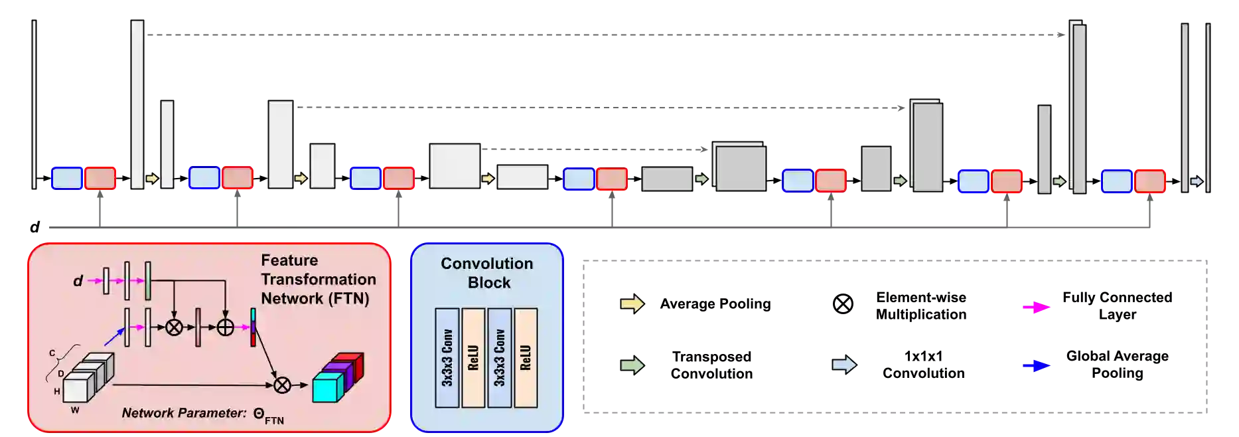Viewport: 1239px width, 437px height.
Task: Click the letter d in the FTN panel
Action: (78, 281)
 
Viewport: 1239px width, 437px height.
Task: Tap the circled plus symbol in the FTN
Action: (226, 327)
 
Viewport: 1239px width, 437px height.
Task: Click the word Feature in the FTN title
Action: (289, 260)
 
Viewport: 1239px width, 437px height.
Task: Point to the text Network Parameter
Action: (184, 413)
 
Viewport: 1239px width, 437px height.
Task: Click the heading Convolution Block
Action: (487, 273)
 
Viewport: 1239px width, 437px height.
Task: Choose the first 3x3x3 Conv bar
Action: (447, 357)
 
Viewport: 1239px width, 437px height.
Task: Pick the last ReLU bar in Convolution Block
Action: (526, 357)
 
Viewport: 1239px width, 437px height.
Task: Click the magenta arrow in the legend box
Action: (1035, 307)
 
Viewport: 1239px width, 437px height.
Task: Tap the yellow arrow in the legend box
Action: (632, 304)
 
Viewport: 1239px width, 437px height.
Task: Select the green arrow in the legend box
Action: (632, 365)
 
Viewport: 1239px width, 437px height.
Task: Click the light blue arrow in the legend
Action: (844, 365)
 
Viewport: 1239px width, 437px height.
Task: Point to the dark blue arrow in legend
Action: (1036, 365)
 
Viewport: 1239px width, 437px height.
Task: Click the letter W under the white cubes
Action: (75, 410)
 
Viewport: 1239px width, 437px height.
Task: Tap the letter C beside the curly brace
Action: (52, 353)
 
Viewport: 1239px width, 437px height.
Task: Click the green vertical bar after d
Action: (148, 281)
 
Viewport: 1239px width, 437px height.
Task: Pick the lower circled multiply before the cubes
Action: (282, 385)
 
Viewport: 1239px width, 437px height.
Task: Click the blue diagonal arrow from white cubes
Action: (114, 337)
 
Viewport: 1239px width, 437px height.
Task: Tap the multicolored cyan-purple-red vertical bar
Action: (253, 327)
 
